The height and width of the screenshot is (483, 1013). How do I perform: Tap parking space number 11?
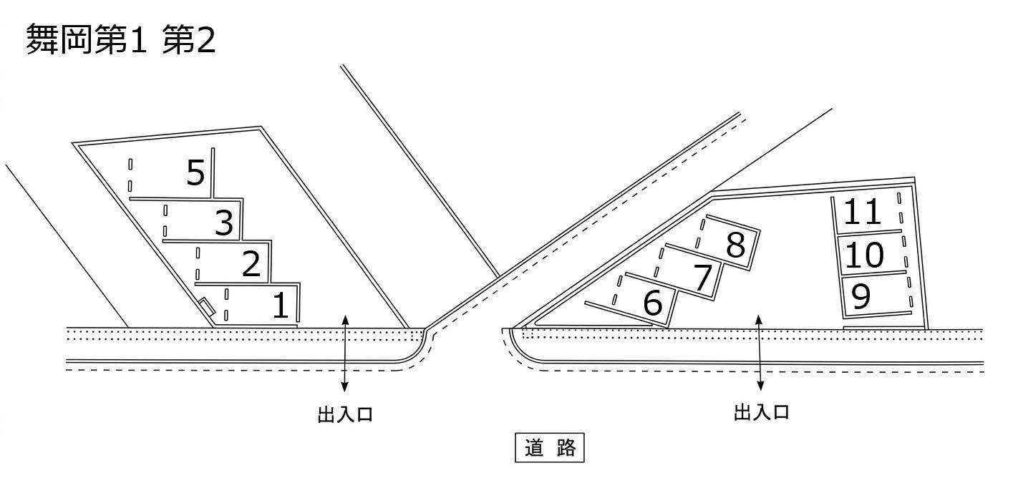866,213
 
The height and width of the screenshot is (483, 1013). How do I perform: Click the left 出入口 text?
345,414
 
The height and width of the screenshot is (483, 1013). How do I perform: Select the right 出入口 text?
762,413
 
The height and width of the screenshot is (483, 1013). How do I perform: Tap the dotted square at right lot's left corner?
528,333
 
